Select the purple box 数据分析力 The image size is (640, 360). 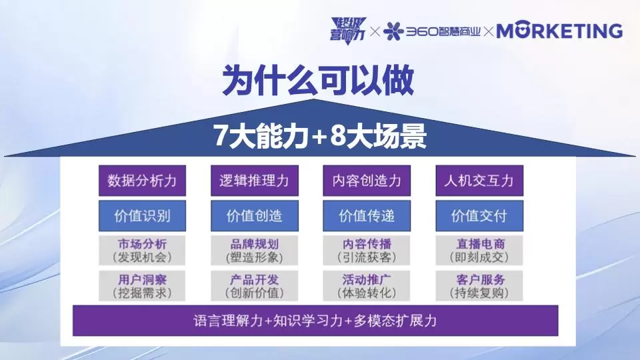(142, 181)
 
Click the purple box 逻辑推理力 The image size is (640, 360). (254, 181)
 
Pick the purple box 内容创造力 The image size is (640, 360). (366, 181)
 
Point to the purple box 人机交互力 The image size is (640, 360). (479, 181)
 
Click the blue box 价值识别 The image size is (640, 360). (142, 216)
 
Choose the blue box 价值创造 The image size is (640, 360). (254, 216)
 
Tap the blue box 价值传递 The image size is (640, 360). (366, 216)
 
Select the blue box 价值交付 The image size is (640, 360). (479, 216)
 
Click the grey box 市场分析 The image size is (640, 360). (142, 250)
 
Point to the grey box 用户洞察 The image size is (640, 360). (142, 285)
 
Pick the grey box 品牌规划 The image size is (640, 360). (254, 250)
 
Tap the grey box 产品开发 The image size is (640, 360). (254, 285)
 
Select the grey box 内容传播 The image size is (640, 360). (366, 250)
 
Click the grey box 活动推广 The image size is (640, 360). (366, 285)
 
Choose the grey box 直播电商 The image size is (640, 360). (479, 250)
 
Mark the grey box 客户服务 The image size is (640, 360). (479, 285)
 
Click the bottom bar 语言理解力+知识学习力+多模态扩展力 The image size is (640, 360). (315, 321)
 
